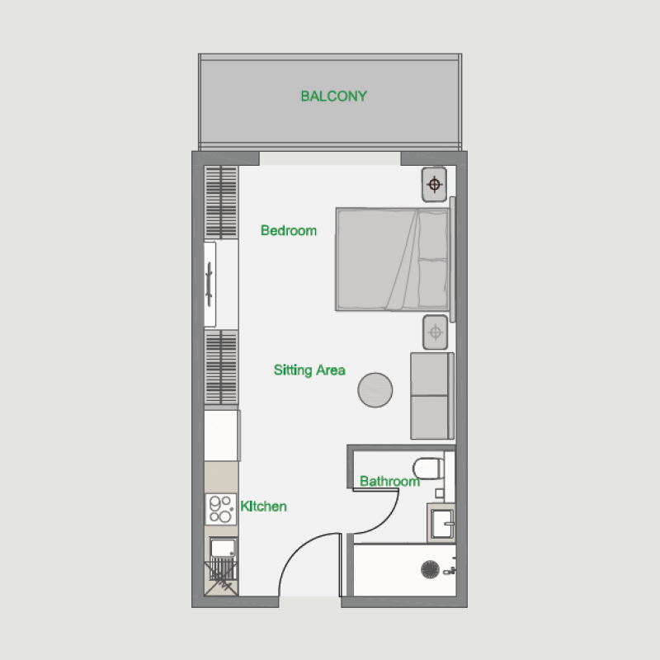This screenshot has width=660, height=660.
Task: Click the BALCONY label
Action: pos(333,97)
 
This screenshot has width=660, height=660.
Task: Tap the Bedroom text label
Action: pos(288,231)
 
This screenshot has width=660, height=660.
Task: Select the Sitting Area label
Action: pos(309,370)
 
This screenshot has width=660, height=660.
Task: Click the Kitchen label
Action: pos(263,506)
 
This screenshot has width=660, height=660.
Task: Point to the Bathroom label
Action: pos(389,481)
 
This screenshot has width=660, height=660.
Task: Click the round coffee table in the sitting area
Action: pos(375,389)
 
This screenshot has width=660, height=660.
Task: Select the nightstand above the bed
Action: pos(435,184)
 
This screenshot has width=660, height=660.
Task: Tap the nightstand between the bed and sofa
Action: pos(435,332)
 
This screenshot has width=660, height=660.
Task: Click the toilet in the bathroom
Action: pos(429,469)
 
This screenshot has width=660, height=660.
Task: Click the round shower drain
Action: pos(429,569)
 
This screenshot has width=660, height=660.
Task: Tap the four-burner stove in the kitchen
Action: pos(220,508)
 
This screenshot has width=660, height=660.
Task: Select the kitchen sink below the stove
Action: pos(221,548)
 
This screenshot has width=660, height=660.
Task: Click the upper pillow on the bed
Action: pos(432,234)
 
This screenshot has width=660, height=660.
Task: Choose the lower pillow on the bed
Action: pos(432,280)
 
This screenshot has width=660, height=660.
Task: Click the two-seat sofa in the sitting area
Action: pos(432,395)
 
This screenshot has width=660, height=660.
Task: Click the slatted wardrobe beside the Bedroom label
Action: pos(221,202)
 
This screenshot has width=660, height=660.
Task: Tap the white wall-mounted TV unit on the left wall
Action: pos(210,284)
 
